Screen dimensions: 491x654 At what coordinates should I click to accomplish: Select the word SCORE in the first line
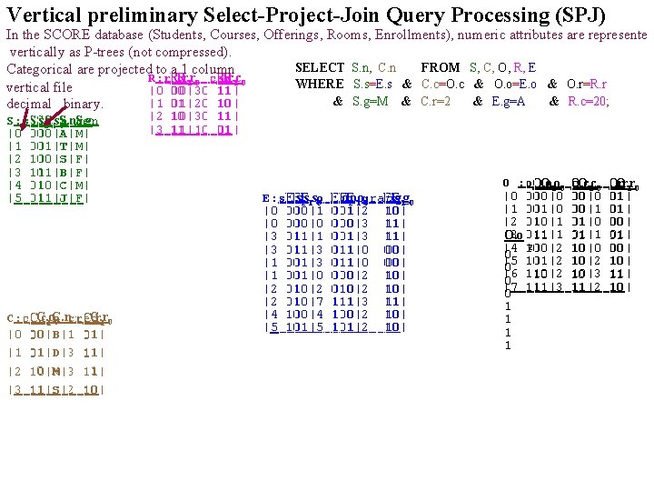point(76,35)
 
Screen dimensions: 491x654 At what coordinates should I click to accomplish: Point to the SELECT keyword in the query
point(320,68)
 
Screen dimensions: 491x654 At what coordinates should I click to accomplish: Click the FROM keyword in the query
point(441,68)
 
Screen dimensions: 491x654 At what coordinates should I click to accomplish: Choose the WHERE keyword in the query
point(320,85)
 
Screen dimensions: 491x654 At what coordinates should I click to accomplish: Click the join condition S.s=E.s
point(374,85)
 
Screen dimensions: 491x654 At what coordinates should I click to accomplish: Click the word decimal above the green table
point(27,103)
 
